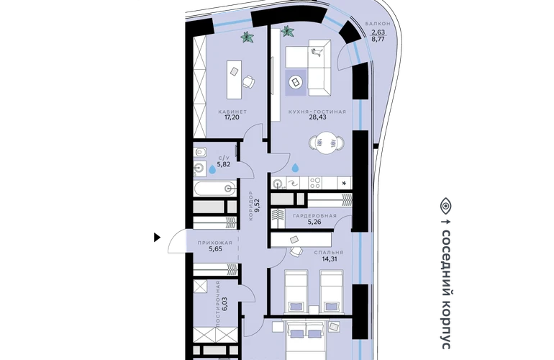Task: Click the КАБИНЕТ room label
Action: [232, 112]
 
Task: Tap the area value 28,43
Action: [317, 117]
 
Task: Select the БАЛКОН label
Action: [378, 24]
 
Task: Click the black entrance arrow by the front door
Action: [158, 238]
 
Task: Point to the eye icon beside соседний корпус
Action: [446, 206]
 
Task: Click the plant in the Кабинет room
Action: [248, 37]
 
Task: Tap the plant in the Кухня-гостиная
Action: [288, 32]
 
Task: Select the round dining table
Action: [326, 143]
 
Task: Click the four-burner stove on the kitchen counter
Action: [315, 183]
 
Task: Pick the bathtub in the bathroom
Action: [214, 189]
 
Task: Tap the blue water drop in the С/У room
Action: [212, 169]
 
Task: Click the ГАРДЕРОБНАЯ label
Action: [315, 216]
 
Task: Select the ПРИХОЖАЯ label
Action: [215, 243]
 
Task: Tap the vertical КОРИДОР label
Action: [251, 206]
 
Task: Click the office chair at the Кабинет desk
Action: [249, 81]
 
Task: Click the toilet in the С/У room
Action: [200, 153]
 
